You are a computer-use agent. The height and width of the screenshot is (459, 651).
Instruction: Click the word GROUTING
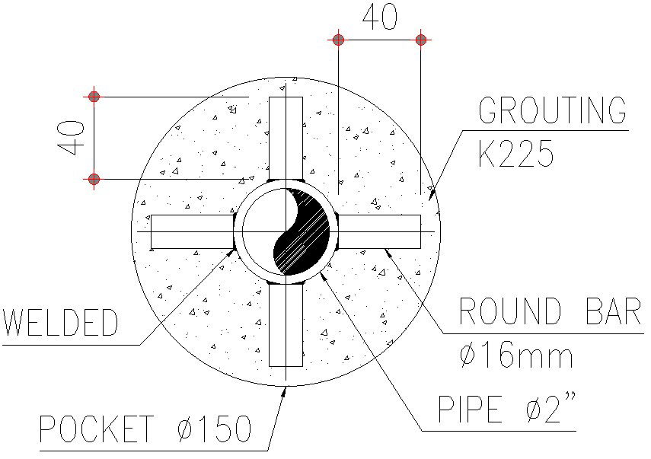tap(552, 111)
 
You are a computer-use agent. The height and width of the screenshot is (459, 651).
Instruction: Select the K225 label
tap(515, 155)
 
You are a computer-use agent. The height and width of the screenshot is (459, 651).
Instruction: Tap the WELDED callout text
tap(61, 324)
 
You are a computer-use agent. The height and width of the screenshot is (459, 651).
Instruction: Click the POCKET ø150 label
tap(145, 430)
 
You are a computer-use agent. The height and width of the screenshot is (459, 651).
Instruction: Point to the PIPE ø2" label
tap(506, 411)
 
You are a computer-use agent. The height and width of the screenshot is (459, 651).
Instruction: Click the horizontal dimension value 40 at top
tap(379, 18)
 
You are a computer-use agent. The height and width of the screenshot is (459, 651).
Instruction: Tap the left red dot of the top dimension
tap(338, 39)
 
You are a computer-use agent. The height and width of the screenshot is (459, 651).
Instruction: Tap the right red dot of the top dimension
tap(421, 39)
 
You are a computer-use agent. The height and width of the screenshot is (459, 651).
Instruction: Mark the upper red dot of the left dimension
tap(94, 97)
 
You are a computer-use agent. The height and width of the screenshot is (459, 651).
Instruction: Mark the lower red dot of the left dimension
tap(94, 180)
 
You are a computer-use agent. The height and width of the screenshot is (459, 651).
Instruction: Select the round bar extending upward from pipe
tap(286, 137)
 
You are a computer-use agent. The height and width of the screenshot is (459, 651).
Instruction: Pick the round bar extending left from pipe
tap(191, 231)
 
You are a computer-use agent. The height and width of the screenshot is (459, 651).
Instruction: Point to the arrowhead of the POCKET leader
tap(284, 390)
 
